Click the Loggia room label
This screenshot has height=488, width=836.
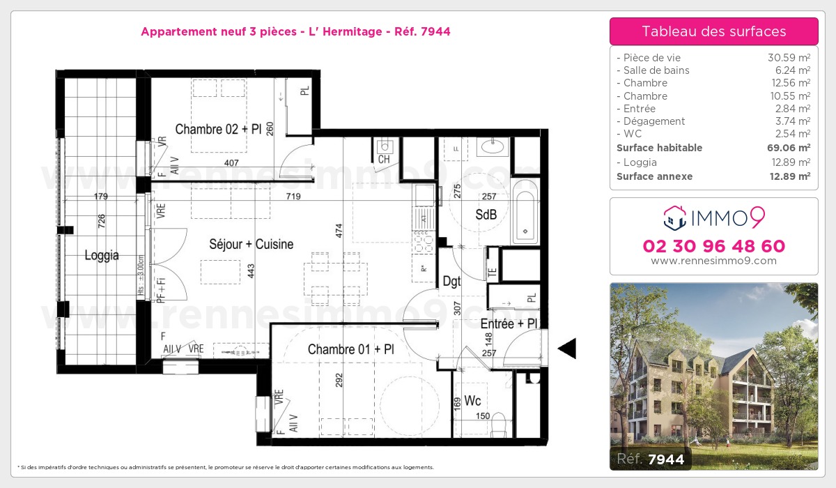pyautogui.click(x=102, y=255)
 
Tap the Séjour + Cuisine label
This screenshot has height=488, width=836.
pyautogui.click(x=251, y=244)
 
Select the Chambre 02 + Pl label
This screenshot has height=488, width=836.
pyautogui.click(x=218, y=129)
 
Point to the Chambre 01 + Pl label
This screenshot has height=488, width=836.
pyautogui.click(x=350, y=349)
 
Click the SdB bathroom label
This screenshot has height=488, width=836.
pyautogui.click(x=486, y=215)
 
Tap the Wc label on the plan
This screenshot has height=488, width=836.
pyautogui.click(x=472, y=402)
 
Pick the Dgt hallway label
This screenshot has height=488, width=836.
pyautogui.click(x=451, y=282)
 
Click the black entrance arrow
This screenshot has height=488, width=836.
pyautogui.click(x=567, y=348)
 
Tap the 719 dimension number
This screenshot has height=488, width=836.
pyautogui.click(x=293, y=197)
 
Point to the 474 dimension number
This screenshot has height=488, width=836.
pyautogui.click(x=339, y=231)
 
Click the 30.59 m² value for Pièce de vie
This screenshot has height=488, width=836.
pyautogui.click(x=789, y=58)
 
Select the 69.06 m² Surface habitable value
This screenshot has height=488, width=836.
pyautogui.click(x=789, y=148)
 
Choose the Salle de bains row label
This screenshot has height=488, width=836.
pyautogui.click(x=656, y=70)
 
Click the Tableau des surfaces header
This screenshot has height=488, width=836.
pyautogui.click(x=713, y=31)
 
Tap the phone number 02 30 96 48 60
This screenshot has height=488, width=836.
pyautogui.click(x=713, y=246)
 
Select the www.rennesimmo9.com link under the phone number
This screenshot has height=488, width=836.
pyautogui.click(x=713, y=261)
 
